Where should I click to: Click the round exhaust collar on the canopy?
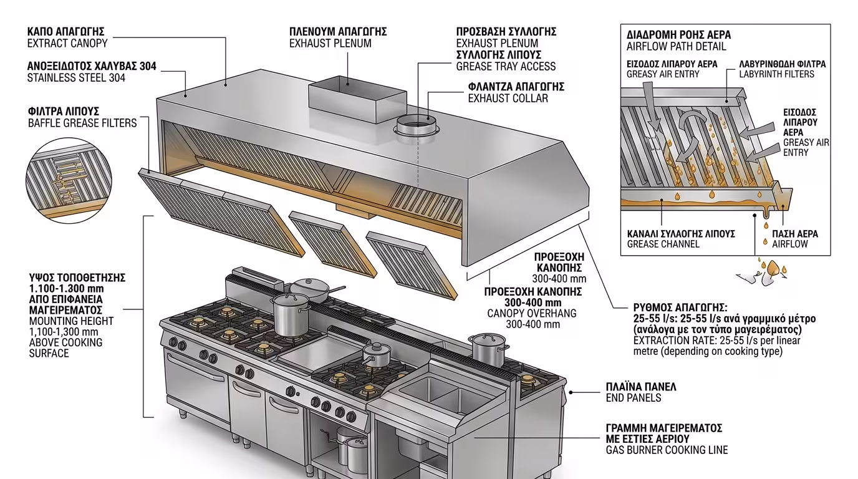(417, 127)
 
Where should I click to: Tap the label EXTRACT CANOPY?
(67, 44)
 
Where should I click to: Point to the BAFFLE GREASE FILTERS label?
(82, 123)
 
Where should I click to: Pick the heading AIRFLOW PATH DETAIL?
(677, 46)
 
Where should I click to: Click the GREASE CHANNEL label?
(663, 244)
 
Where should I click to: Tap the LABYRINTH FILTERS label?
(776, 74)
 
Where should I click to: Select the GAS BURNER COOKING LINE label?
(667, 450)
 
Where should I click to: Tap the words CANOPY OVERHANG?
(532, 313)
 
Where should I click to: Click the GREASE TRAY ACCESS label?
(506, 66)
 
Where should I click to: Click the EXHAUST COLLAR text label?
(508, 98)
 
